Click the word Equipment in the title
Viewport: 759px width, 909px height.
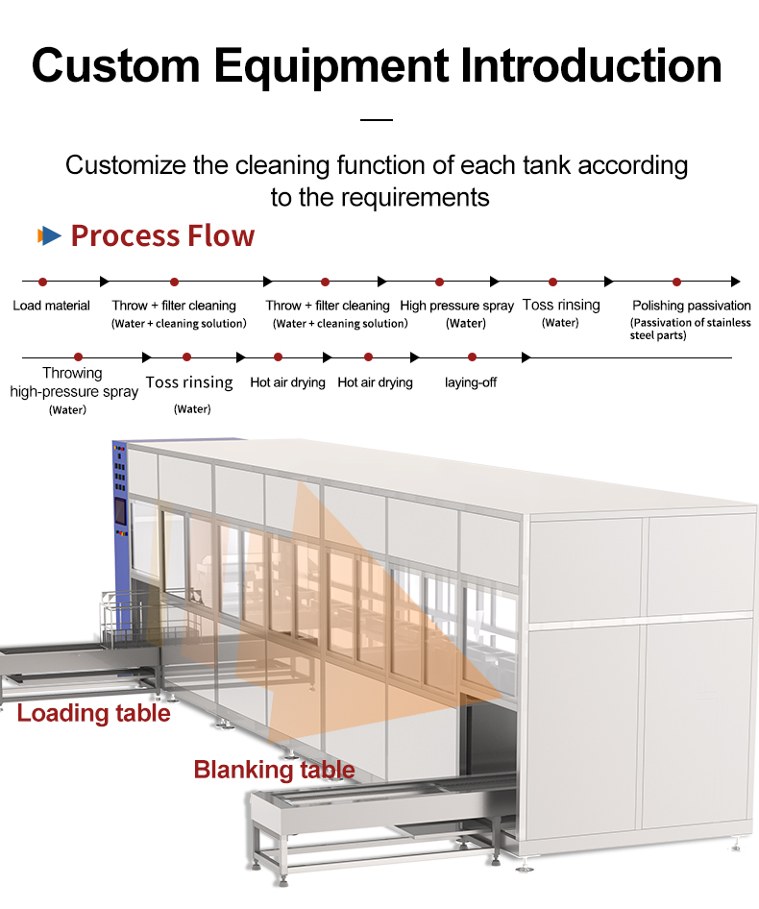coord(331,66)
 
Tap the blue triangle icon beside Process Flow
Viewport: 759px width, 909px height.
coord(51,235)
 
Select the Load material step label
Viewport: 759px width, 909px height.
coord(51,306)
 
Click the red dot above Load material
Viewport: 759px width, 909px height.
coord(42,282)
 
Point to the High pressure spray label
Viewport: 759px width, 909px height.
coord(457,306)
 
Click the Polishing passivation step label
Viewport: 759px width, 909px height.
coord(691,306)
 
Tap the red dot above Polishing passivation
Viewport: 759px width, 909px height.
coord(676,282)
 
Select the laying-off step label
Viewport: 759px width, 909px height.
coord(471,382)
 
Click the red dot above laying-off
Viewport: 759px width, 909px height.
coord(472,357)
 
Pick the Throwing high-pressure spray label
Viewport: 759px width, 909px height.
coord(74,382)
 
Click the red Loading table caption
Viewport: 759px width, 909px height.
coord(93,713)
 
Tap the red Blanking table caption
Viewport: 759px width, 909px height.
coord(274,770)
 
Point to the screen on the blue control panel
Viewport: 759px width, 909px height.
coord(120,511)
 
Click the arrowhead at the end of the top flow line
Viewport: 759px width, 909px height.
coord(736,282)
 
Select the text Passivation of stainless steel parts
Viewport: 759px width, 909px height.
coord(690,329)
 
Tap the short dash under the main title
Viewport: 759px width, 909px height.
coord(377,120)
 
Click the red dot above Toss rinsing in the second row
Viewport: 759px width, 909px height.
coord(186,357)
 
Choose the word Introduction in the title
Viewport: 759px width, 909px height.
coord(591,65)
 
